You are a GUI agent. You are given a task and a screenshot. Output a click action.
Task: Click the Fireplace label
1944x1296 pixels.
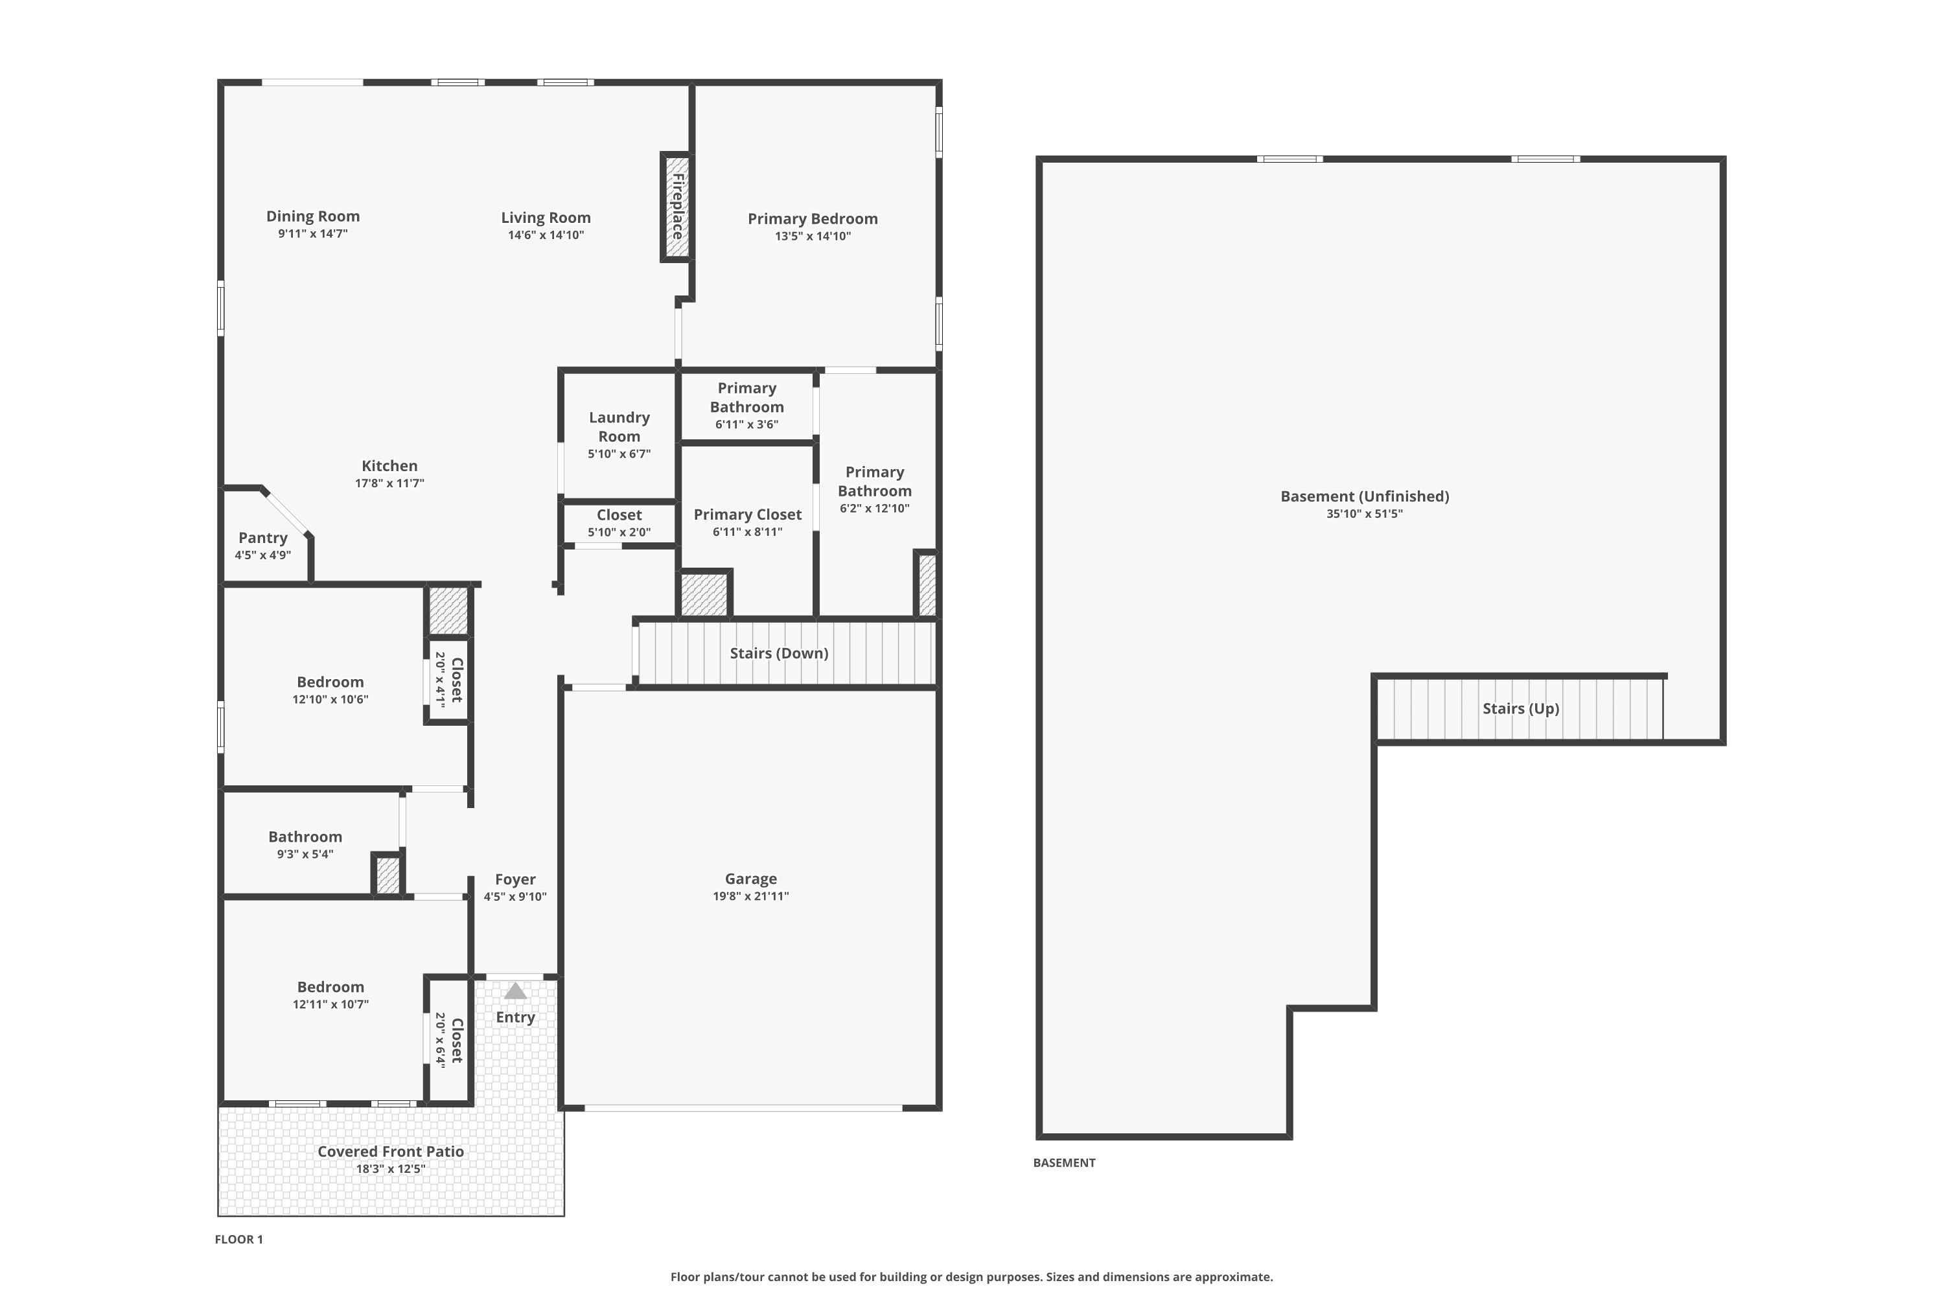coord(678,206)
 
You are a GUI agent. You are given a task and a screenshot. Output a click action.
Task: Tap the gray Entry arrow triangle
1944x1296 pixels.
coord(515,990)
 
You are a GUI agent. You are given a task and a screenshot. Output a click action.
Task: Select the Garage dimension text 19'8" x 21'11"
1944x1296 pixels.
coord(750,896)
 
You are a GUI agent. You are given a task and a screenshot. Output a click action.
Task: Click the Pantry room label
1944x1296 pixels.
coord(263,537)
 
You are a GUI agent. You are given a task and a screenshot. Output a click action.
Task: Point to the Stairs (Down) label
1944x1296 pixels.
coord(779,653)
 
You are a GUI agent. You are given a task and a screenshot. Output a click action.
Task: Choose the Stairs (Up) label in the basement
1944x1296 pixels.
coord(1521,708)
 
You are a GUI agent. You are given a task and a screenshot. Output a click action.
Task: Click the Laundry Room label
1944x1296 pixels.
coord(619,426)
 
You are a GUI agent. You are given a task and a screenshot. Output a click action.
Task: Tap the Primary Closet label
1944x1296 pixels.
coord(747,514)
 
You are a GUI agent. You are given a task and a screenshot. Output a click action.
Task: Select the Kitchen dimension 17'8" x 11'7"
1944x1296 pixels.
coord(389,483)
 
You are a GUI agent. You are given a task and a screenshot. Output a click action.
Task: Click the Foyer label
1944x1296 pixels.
coord(515,879)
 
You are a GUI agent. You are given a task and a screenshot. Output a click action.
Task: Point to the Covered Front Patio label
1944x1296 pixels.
coord(390,1151)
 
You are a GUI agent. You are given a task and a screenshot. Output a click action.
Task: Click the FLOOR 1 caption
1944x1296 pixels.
coord(239,1239)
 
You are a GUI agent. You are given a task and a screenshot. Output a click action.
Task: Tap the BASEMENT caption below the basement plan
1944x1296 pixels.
coord(1064,1162)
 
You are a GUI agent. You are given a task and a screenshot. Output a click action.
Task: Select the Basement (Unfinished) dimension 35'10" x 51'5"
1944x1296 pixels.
coord(1365,513)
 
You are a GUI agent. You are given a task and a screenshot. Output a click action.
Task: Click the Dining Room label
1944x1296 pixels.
coord(312,216)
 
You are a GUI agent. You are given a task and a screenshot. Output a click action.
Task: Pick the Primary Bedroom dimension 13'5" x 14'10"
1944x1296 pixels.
coord(813,236)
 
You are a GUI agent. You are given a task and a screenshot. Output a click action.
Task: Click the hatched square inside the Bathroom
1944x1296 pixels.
coord(388,874)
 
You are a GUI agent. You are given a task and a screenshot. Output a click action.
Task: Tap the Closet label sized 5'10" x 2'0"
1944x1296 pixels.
coord(619,514)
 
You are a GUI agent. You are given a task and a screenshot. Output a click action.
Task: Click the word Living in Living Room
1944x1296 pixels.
coord(522,217)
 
